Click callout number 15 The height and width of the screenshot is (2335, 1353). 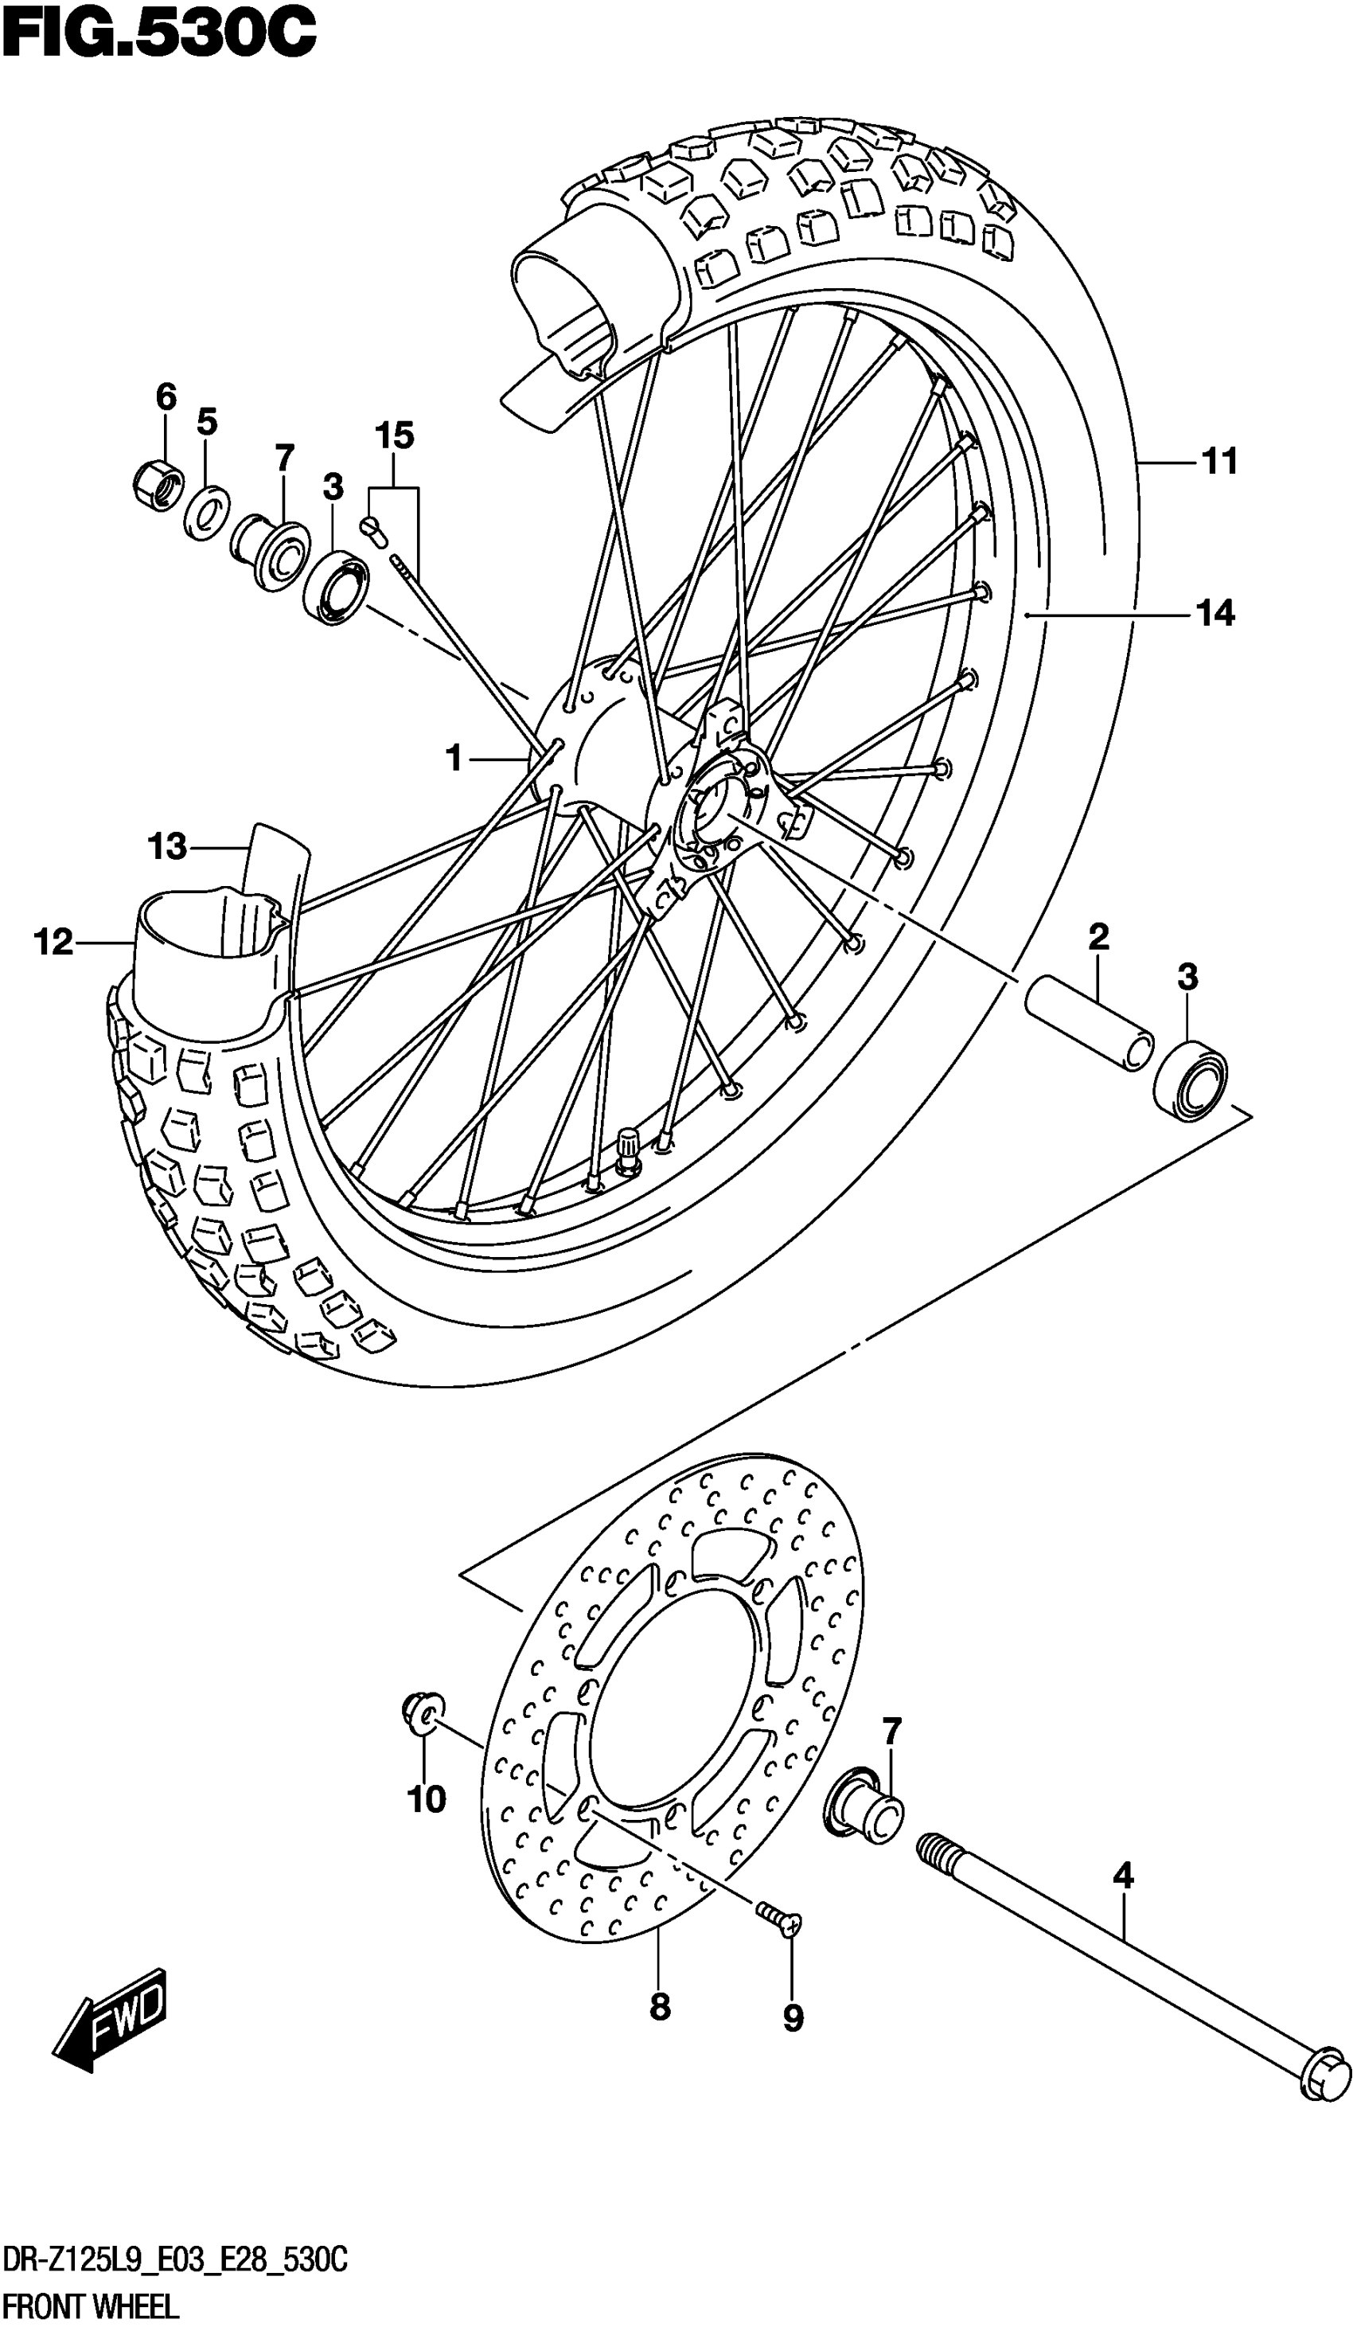[395, 435]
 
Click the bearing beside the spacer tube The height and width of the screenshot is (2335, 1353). [1191, 1080]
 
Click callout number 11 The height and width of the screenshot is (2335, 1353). [1219, 462]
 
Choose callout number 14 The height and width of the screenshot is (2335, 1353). [1216, 613]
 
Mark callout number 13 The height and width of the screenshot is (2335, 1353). [168, 847]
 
